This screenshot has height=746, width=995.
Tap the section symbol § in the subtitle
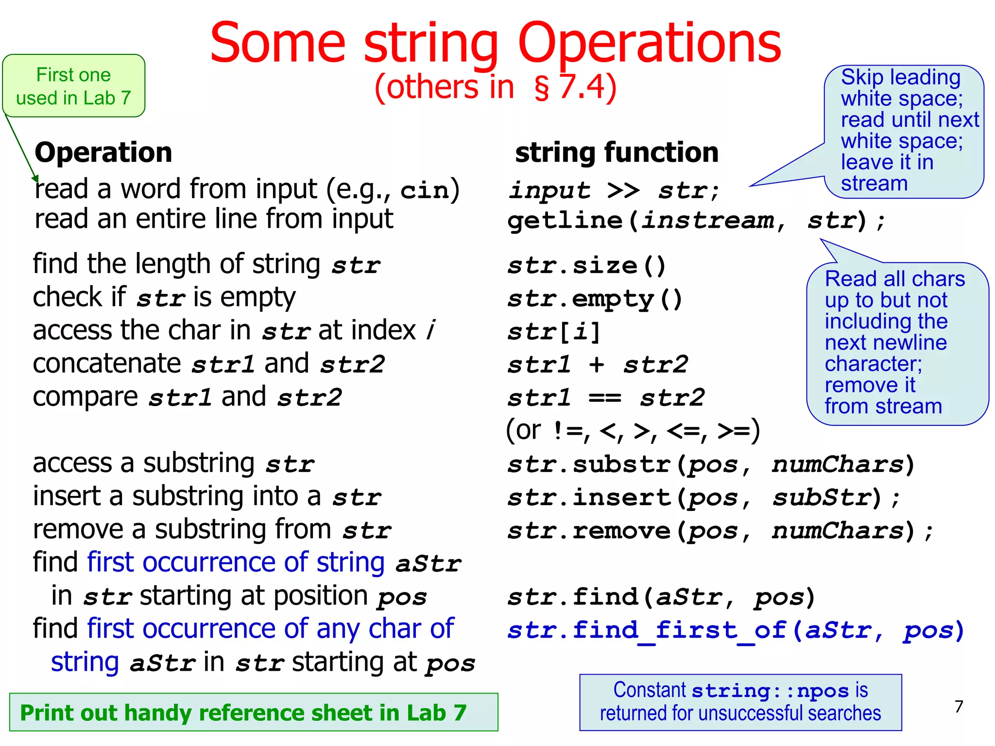point(541,88)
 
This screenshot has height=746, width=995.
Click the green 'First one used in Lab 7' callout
point(74,86)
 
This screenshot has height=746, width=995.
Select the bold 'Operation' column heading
point(103,153)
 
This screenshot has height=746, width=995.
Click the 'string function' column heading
point(617,153)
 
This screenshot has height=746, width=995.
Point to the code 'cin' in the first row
point(425,190)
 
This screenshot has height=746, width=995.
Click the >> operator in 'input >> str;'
point(623,190)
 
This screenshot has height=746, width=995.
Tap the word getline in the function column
point(565,220)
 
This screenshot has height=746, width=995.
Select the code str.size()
point(586,265)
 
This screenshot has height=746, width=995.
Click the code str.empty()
point(595,299)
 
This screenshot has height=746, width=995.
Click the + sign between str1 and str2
point(597,364)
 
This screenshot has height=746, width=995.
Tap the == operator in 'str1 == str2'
point(605,398)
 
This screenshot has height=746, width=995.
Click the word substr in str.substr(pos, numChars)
point(622,464)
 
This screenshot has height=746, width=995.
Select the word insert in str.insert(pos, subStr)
point(622,497)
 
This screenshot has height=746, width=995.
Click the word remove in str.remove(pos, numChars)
point(622,530)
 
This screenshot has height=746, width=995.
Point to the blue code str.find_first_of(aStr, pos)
point(736,630)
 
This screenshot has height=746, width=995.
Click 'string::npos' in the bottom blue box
point(771,691)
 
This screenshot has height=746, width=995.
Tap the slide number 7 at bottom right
point(959,706)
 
